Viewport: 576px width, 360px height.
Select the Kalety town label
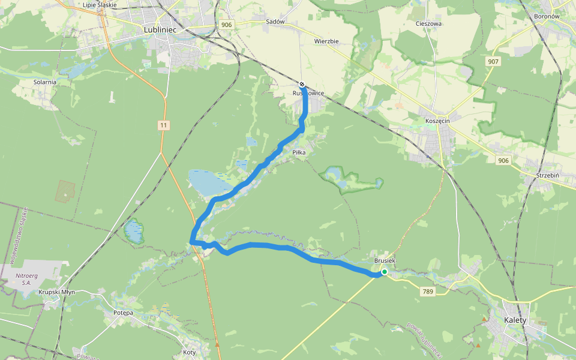pos(515,320)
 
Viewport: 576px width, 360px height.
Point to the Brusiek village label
pos(385,261)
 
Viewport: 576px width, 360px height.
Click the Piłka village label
pos(299,153)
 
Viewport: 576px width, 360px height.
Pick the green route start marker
pos(384,272)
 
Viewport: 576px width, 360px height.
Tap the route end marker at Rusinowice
pos(302,85)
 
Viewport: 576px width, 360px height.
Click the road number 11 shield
pos(164,125)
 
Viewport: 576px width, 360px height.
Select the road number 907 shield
pos(493,62)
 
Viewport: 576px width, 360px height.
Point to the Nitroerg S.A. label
pos(23,279)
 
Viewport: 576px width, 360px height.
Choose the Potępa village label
pos(122,313)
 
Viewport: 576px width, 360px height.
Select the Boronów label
pos(546,16)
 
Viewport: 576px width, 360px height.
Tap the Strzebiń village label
pos(547,175)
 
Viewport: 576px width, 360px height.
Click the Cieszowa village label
pos(428,24)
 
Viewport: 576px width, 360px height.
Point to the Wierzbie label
pos(326,41)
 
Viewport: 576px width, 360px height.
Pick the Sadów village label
pos(274,22)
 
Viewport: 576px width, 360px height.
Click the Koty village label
pos(190,352)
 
